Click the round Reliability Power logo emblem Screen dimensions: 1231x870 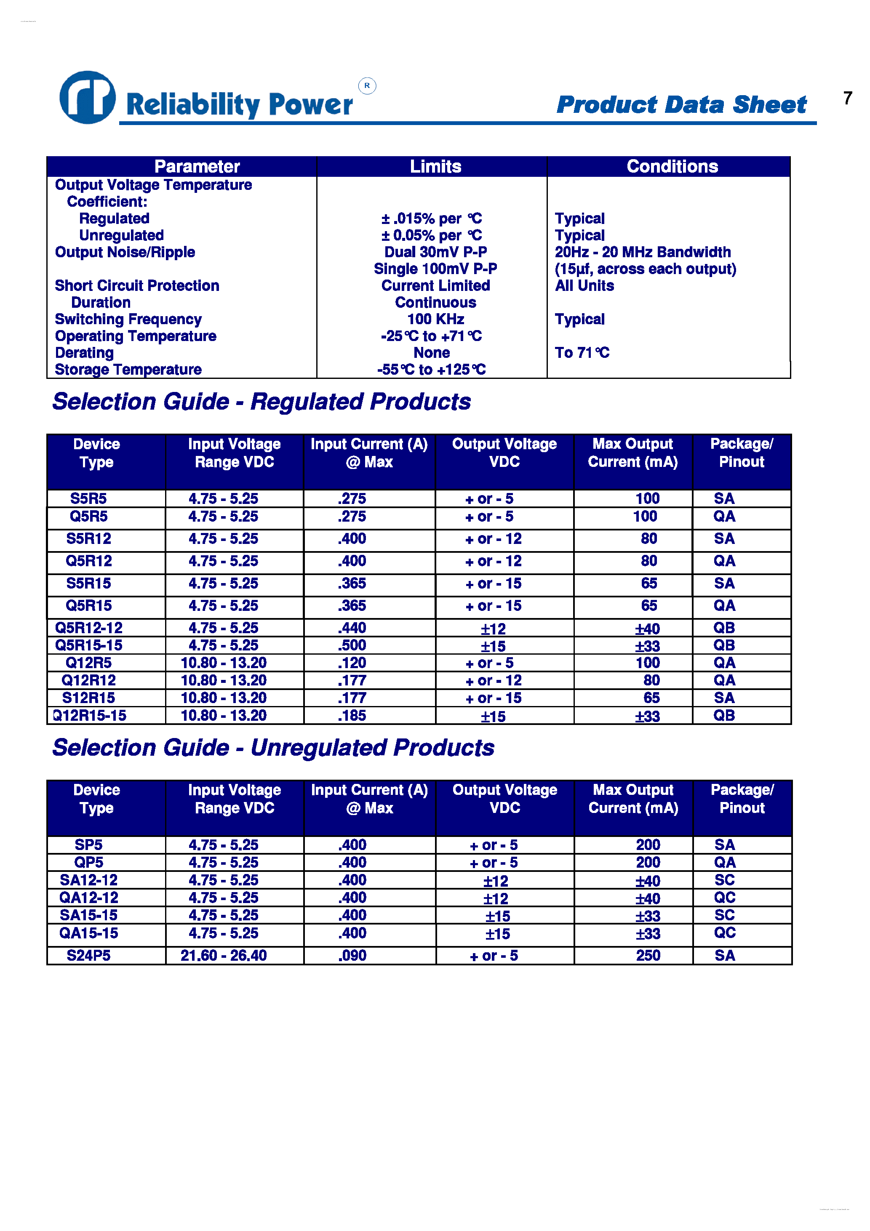[88, 98]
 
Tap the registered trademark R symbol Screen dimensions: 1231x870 [367, 86]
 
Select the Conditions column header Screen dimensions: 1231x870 [672, 167]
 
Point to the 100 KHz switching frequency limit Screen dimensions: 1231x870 [435, 320]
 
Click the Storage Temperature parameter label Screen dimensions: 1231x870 [128, 370]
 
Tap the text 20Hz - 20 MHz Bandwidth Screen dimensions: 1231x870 [642, 253]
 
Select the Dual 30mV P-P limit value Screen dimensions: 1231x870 [435, 253]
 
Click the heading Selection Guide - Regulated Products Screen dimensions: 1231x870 [261, 402]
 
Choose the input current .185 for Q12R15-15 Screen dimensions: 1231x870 [352, 716]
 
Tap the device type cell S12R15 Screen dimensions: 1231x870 [88, 698]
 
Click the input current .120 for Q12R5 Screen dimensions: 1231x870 [352, 663]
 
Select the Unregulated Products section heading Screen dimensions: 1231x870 [273, 748]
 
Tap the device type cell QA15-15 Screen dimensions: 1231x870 [88, 933]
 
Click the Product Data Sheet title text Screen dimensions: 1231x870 [681, 104]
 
